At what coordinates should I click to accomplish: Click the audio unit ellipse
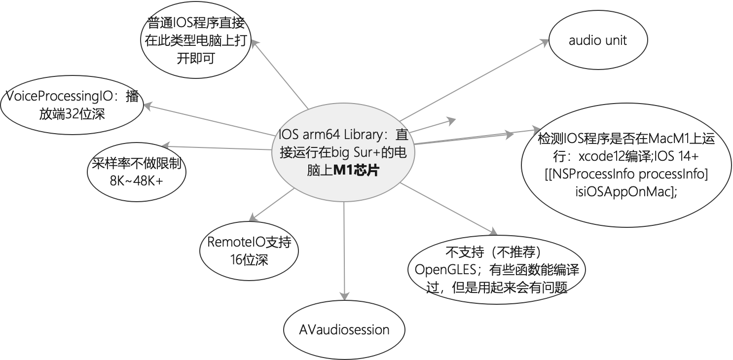coord(597,40)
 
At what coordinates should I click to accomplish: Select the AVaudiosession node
coord(344,329)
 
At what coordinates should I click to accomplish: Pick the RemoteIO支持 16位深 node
coord(249,251)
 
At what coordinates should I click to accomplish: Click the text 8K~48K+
coord(137,180)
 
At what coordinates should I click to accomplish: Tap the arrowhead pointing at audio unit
coord(544,42)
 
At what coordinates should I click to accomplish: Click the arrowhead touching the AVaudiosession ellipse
coord(343,295)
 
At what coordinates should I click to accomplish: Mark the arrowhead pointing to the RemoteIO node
coord(252,218)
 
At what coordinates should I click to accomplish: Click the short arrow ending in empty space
coord(450,120)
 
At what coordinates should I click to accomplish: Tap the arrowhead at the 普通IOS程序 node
coord(255,43)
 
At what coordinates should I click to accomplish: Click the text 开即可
coord(196,59)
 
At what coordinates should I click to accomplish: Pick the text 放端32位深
coord(72,114)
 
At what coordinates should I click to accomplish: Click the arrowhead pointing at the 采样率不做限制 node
coord(165,145)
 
